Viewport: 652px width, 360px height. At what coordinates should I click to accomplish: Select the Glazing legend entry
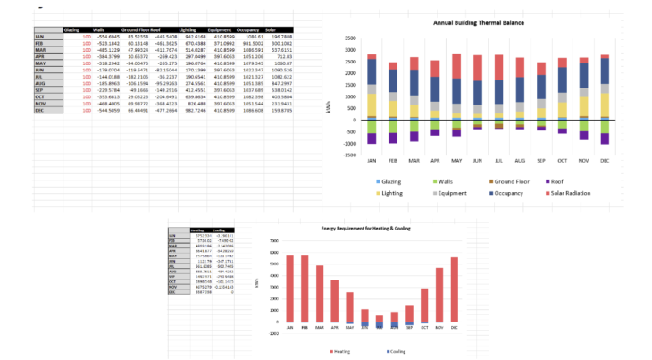[x=388, y=181]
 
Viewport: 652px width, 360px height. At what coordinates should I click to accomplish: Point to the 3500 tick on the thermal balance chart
[x=348, y=39]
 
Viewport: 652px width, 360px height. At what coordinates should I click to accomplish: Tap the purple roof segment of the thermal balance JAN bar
[x=372, y=138]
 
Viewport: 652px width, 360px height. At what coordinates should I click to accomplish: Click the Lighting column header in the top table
[x=188, y=29]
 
